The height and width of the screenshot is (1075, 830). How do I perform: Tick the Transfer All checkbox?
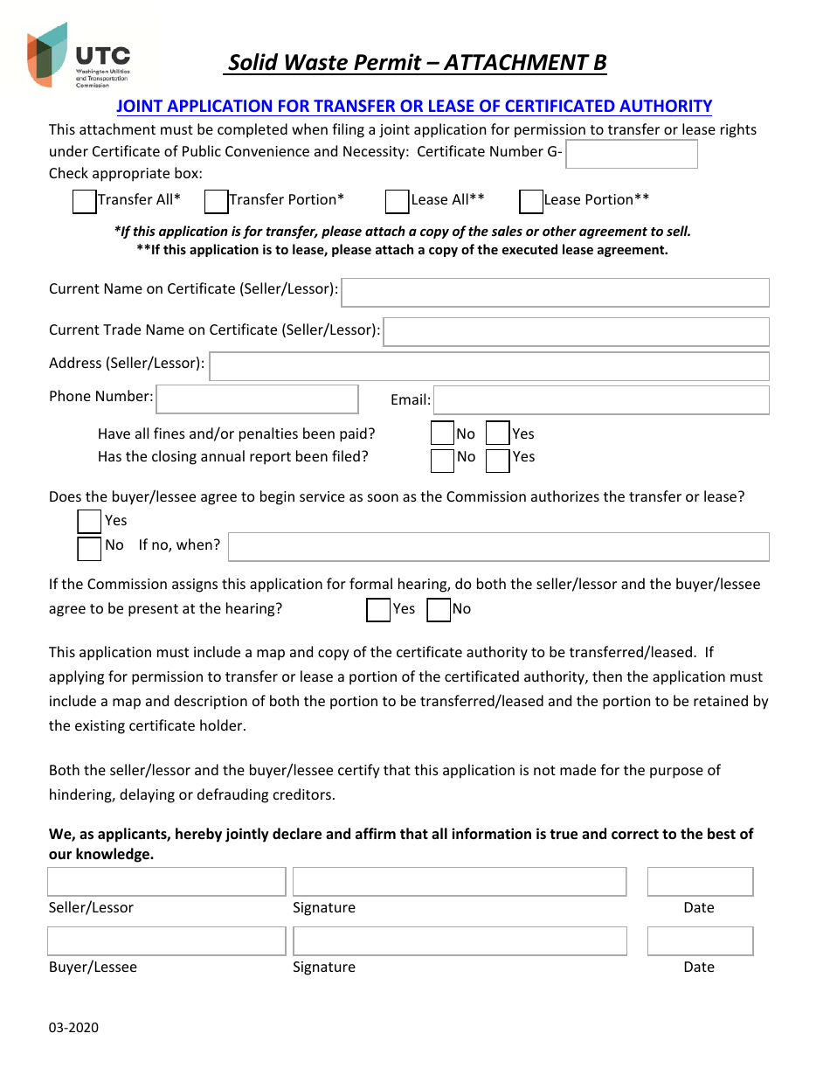tap(84, 202)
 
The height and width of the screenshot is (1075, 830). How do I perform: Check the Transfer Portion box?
tap(216, 202)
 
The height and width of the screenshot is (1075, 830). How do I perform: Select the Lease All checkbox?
tap(398, 202)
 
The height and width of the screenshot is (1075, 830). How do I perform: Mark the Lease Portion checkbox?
tap(531, 202)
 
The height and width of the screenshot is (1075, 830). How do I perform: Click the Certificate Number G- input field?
tap(632, 154)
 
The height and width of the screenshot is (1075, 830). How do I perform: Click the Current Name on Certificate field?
tap(555, 293)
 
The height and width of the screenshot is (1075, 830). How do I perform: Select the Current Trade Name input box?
tap(577, 332)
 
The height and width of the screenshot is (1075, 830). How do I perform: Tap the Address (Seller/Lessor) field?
tap(489, 366)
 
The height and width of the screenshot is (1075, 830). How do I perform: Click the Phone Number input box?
tap(257, 399)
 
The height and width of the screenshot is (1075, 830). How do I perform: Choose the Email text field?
tap(601, 400)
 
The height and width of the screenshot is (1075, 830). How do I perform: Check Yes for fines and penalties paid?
tap(497, 433)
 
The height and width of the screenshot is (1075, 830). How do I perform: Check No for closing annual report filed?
tap(443, 460)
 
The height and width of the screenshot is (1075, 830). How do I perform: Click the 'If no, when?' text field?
tap(498, 547)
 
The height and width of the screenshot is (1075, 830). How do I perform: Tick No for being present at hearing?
tap(439, 610)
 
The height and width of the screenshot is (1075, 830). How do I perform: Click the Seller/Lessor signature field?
tap(460, 882)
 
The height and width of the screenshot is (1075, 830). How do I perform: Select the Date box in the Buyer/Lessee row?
tap(700, 941)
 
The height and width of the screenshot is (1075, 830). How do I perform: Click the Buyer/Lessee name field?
tap(166, 941)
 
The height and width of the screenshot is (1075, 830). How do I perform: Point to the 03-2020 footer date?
tap(73, 1028)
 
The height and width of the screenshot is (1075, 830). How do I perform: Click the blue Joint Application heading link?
tap(414, 107)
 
